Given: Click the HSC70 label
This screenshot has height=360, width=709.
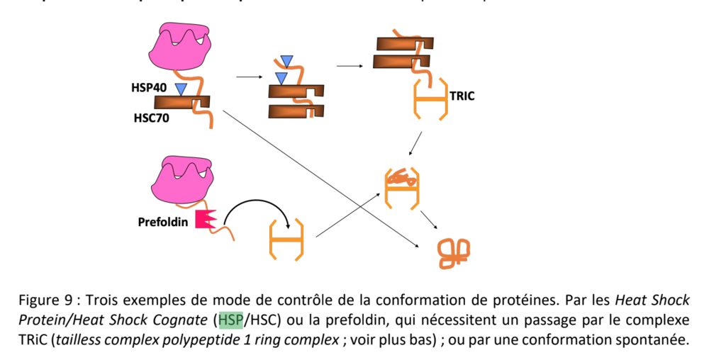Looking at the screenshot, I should (151, 118).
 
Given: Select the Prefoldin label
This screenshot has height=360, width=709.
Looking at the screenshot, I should (164, 221).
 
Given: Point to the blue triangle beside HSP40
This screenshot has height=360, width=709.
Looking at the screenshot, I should (182, 89).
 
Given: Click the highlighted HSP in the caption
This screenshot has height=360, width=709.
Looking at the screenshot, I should (230, 321).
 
